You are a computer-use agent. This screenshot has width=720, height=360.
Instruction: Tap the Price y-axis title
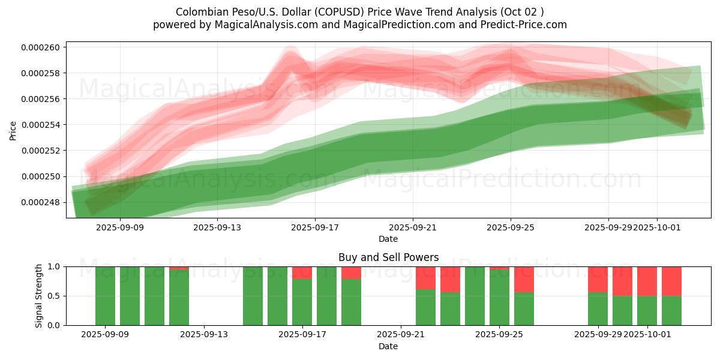coord(13,131)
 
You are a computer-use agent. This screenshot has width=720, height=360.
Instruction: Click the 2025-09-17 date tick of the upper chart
coord(315,228)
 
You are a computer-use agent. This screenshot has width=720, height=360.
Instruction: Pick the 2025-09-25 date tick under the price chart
coord(511,228)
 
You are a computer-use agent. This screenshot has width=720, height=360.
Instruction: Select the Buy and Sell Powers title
coord(388,257)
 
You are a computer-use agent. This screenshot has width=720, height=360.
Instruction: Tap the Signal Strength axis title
coord(39,295)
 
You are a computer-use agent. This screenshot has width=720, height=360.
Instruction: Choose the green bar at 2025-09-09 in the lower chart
coord(105,296)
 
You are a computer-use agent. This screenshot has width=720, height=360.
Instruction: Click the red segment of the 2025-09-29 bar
coord(598,279)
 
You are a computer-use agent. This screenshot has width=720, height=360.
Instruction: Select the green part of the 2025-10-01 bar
coord(647,310)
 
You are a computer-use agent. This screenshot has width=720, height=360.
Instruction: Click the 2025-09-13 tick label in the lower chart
coord(204,334)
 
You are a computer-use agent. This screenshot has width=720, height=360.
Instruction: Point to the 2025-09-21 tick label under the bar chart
coord(401,334)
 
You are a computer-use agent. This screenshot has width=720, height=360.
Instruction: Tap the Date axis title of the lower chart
coord(388,346)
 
